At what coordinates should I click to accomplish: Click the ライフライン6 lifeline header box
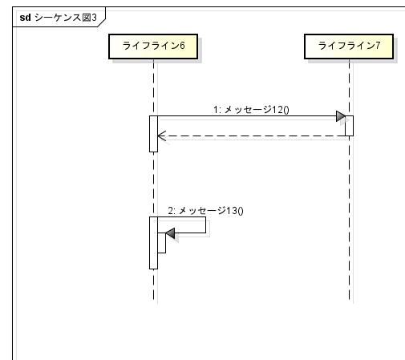pyautogui.click(x=153, y=47)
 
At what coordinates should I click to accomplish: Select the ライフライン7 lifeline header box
pyautogui.click(x=349, y=47)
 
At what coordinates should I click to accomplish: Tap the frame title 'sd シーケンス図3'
pyautogui.click(x=58, y=18)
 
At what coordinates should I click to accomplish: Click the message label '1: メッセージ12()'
pyautogui.click(x=251, y=110)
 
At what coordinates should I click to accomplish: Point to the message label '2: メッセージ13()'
pyautogui.click(x=205, y=211)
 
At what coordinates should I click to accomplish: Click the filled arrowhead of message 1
pyautogui.click(x=341, y=116)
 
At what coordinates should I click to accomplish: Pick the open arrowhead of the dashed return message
pyautogui.click(x=162, y=136)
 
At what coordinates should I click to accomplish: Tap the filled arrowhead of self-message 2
pyautogui.click(x=170, y=233)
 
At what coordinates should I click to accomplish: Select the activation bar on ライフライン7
pyautogui.click(x=349, y=126)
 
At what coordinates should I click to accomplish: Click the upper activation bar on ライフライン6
pyautogui.click(x=153, y=134)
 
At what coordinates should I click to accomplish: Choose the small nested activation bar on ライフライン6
pyautogui.click(x=161, y=243)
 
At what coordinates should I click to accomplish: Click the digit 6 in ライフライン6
pyautogui.click(x=182, y=46)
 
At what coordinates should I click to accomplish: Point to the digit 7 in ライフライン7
pyautogui.click(x=378, y=46)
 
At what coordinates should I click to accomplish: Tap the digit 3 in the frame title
pyautogui.click(x=94, y=18)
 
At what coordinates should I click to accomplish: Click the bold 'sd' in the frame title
pyautogui.click(x=25, y=18)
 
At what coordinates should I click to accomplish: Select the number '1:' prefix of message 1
pyautogui.click(x=217, y=110)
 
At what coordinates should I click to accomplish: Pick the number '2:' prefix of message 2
pyautogui.click(x=172, y=211)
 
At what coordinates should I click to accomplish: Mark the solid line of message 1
pyautogui.click(x=247, y=116)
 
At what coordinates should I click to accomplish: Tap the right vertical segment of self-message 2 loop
pyautogui.click(x=205, y=224)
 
